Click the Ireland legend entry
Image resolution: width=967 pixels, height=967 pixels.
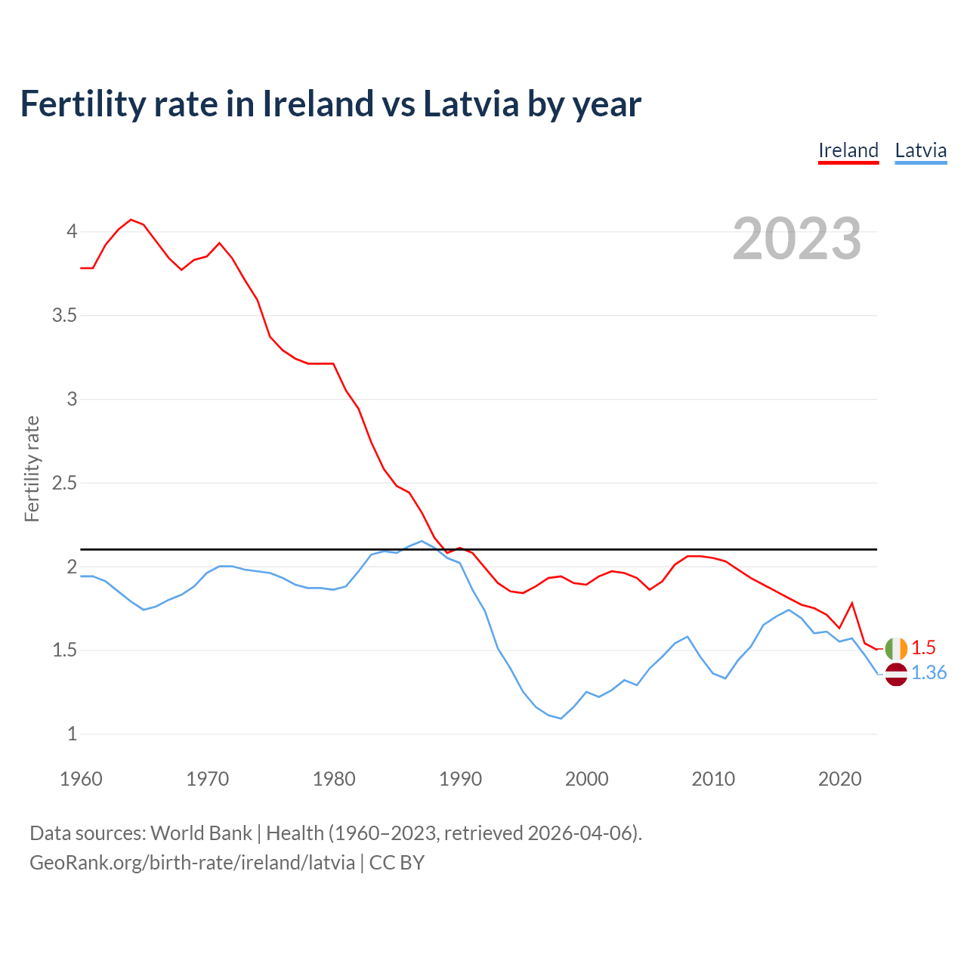[848, 150]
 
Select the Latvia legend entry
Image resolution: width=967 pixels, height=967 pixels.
[920, 150]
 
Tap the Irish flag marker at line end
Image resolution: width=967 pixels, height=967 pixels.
[896, 649]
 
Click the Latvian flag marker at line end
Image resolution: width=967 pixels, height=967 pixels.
[896, 674]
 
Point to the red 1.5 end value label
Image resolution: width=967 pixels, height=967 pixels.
[923, 647]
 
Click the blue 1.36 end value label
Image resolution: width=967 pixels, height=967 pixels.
[928, 672]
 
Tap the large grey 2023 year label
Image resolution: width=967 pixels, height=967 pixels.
[796, 239]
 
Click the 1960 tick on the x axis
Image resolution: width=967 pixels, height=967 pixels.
[81, 779]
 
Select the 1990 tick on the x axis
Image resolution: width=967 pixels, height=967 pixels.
[460, 779]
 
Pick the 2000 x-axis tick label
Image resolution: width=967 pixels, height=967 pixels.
[586, 779]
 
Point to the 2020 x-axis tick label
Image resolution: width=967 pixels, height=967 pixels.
[839, 779]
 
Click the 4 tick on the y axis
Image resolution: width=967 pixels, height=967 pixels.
[72, 231]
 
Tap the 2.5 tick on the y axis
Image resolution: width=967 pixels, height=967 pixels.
[65, 483]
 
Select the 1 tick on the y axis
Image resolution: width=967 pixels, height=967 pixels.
[72, 734]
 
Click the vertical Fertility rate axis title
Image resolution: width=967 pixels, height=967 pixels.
[32, 468]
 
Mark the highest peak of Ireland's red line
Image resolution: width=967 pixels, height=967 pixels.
[131, 220]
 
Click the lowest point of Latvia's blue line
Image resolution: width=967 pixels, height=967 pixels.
[561, 718]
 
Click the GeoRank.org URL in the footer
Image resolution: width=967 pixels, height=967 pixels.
[192, 863]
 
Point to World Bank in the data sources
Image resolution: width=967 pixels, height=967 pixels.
[201, 833]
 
